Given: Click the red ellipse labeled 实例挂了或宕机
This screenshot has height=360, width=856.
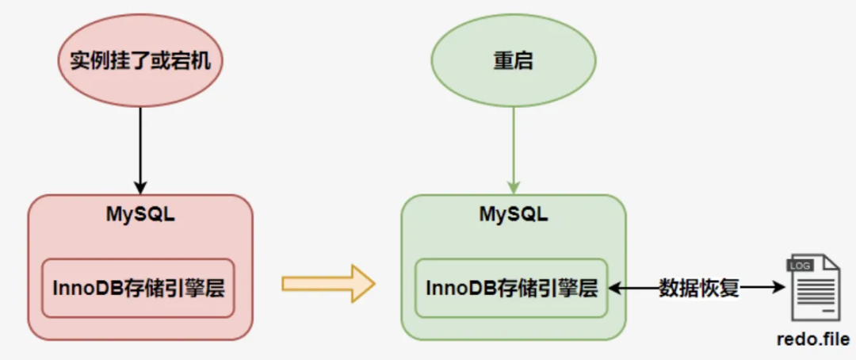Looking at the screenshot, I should pyautogui.click(x=140, y=61).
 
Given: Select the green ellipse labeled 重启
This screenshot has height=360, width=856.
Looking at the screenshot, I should pyautogui.click(x=513, y=61).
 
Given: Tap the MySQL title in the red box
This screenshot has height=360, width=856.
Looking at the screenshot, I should pyautogui.click(x=140, y=215).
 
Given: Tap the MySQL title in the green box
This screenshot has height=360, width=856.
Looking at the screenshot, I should pyautogui.click(x=513, y=215).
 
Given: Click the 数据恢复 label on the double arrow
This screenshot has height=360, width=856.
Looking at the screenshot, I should pyautogui.click(x=698, y=288).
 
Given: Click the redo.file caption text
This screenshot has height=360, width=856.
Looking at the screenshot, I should pyautogui.click(x=812, y=339).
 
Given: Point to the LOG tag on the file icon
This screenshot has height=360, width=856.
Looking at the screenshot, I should pyautogui.click(x=799, y=266).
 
